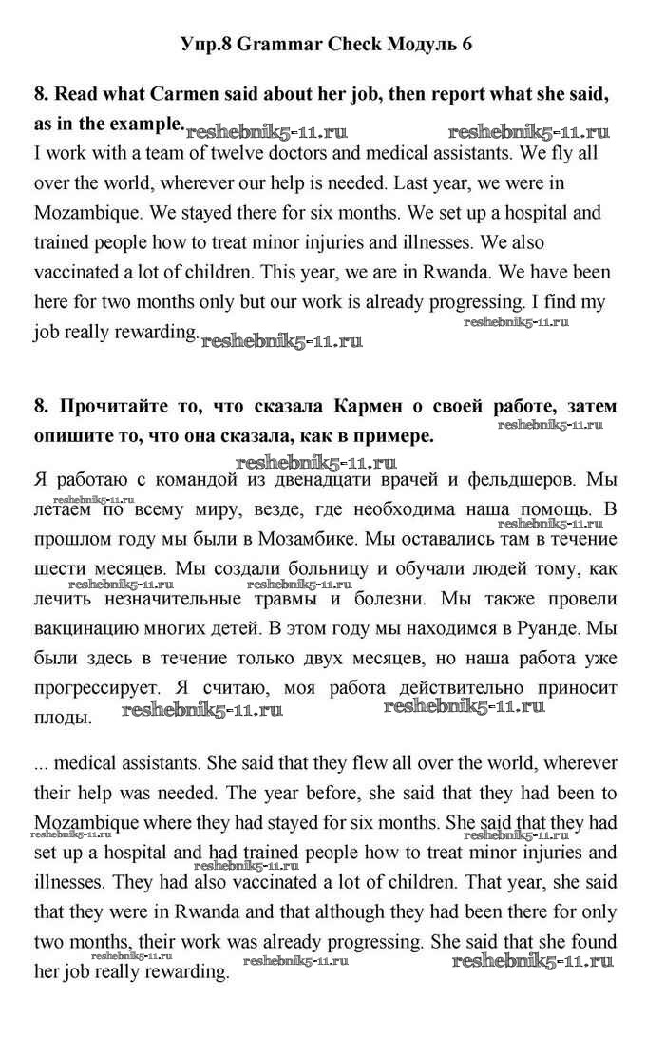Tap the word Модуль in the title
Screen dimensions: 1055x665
click(x=420, y=45)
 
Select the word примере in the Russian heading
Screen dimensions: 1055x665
click(x=385, y=436)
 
